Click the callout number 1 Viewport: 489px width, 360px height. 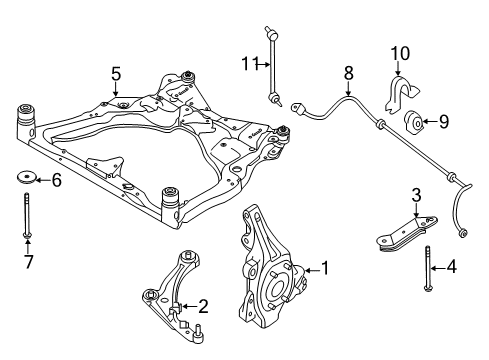[324, 269]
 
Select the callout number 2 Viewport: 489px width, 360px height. [202, 307]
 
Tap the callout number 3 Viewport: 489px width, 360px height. [416, 195]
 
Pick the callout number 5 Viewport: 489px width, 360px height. [116, 73]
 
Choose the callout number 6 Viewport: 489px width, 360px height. [56, 180]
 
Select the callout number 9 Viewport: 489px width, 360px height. [445, 123]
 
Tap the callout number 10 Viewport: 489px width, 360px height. [399, 52]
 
